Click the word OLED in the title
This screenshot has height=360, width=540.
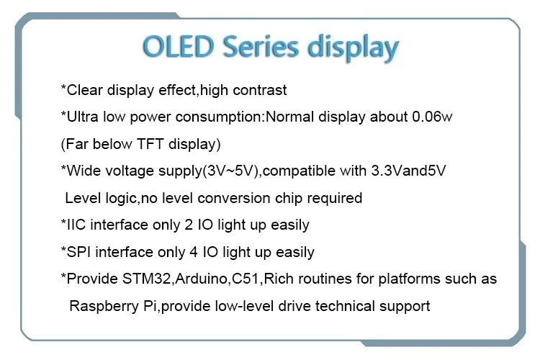pyautogui.click(x=179, y=47)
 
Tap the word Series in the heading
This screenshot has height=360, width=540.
pyautogui.click(x=261, y=47)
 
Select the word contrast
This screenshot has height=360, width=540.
pyautogui.click(x=260, y=90)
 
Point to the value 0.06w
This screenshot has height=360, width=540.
pyautogui.click(x=432, y=117)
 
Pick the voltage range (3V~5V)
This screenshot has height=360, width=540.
pyautogui.click(x=230, y=171)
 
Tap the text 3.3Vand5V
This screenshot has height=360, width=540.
pyautogui.click(x=408, y=171)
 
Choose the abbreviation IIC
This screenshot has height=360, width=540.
pyautogui.click(x=76, y=225)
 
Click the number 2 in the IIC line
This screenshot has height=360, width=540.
pyautogui.click(x=189, y=225)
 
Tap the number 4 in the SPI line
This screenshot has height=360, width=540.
pyautogui.click(x=194, y=252)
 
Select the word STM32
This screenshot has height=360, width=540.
pyautogui.click(x=146, y=279)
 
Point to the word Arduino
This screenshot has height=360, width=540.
pyautogui.click(x=201, y=279)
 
